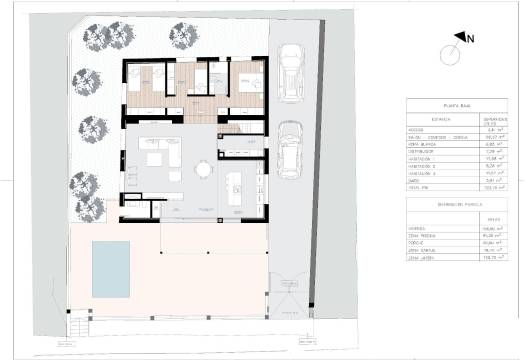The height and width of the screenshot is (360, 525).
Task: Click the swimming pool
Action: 111,268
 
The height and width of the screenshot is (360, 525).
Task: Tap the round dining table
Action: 204,170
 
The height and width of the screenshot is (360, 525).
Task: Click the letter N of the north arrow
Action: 470,38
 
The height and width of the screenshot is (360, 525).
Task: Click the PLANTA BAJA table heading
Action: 445,105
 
